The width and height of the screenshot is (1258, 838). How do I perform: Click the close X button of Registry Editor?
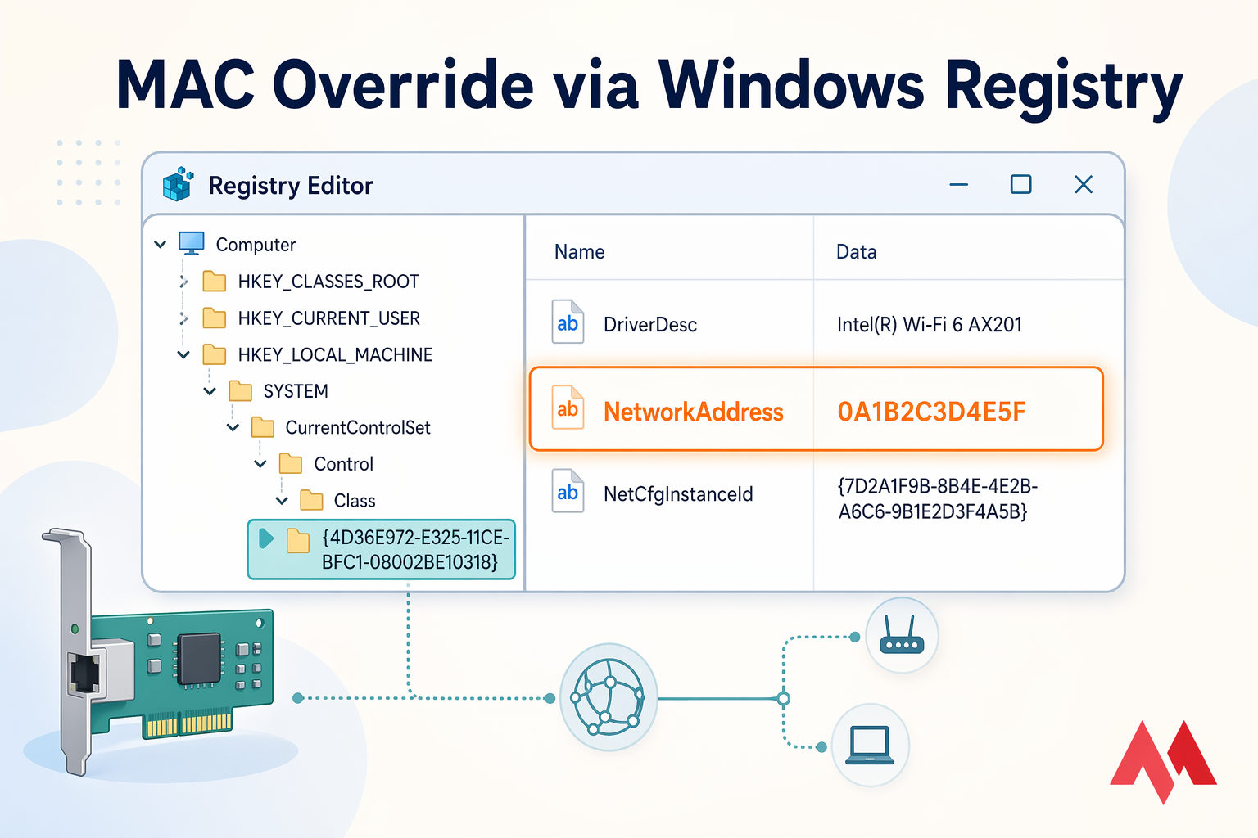[x=1083, y=185]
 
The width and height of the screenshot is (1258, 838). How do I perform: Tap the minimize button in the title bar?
[x=958, y=185]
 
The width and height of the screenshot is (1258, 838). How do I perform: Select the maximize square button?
[x=1020, y=185]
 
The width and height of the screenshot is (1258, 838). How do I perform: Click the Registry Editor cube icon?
[x=178, y=184]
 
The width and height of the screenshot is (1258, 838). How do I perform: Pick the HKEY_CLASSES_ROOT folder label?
[x=328, y=282]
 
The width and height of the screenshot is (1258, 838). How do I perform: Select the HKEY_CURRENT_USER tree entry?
[x=328, y=318]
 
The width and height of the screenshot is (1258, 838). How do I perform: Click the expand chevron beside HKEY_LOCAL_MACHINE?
[x=183, y=354]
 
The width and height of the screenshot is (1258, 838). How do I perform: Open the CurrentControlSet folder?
[x=357, y=427]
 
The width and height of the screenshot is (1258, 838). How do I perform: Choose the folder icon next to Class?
[x=311, y=500]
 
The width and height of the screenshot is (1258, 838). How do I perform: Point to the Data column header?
[x=856, y=252]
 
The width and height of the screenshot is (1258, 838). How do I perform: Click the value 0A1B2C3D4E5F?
[x=931, y=412]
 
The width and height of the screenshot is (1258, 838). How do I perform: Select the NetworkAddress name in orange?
[x=693, y=412]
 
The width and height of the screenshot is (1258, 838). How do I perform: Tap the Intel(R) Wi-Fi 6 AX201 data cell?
[x=929, y=325]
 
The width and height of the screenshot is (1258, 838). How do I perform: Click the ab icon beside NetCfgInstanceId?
[x=568, y=492]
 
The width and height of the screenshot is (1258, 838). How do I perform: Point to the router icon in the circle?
[x=901, y=636]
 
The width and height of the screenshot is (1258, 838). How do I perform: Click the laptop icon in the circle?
[x=869, y=745]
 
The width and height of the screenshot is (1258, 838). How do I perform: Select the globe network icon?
[x=608, y=697]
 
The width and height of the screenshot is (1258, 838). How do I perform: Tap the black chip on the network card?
[x=199, y=658]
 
